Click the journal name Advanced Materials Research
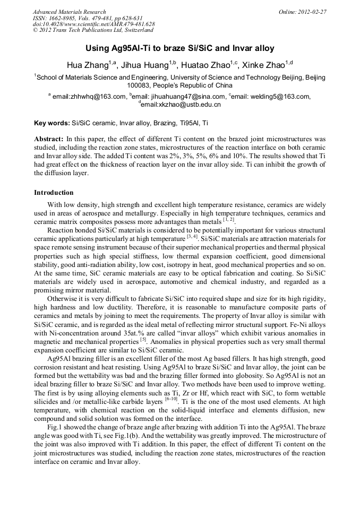coord(69,12)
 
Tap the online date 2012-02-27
coord(312,12)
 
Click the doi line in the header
coord(93,24)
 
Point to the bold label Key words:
coord(52,123)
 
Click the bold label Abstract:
coord(49,139)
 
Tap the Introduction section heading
coord(54,192)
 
